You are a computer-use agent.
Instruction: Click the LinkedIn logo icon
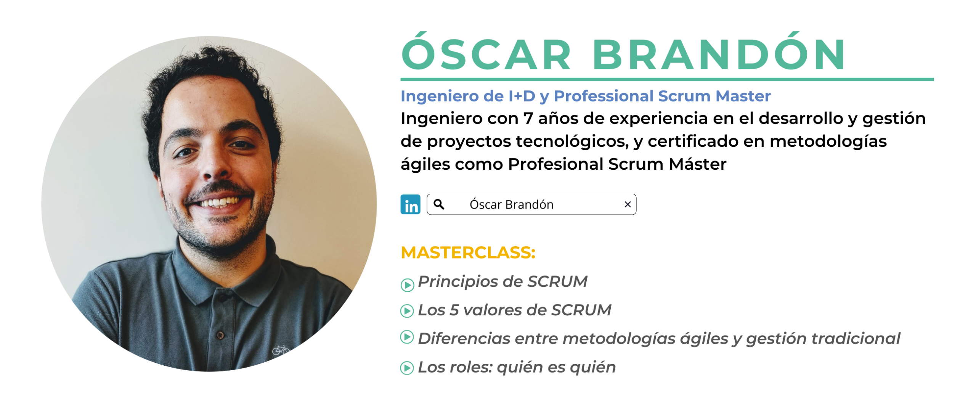[x=410, y=204]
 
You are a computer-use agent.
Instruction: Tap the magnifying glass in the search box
[x=439, y=204]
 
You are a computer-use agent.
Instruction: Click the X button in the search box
[x=628, y=204]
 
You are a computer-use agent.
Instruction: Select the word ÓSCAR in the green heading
[x=486, y=52]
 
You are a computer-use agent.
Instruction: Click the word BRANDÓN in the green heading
[x=718, y=52]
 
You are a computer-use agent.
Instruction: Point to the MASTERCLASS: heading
[x=468, y=252]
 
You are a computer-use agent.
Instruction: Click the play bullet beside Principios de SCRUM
[x=407, y=285]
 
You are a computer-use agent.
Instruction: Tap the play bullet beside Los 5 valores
[x=407, y=311]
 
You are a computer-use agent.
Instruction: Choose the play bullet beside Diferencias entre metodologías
[x=407, y=337]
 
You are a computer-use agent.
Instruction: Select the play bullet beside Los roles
[x=407, y=368]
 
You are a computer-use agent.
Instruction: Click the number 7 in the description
[x=528, y=119]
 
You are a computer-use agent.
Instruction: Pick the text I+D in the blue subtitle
[x=522, y=96]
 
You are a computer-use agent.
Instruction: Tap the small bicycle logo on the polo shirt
[x=281, y=349]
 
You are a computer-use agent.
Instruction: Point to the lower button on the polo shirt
[x=220, y=335]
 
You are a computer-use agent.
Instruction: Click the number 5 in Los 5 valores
[x=454, y=310]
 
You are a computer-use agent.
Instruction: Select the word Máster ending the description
[x=697, y=164]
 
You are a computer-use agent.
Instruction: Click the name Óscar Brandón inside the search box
[x=511, y=204]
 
